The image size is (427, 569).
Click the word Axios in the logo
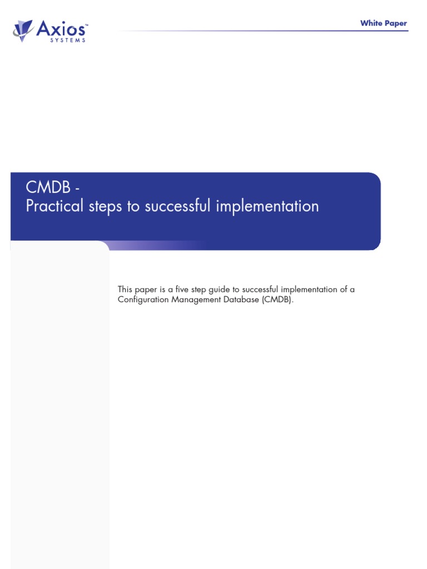(x=62, y=28)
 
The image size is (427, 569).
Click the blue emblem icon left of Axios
(x=24, y=29)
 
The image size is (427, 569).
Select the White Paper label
(x=383, y=23)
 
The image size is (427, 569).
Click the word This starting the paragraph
(x=126, y=290)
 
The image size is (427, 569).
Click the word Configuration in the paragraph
(x=142, y=300)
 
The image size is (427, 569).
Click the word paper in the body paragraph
(x=148, y=290)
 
